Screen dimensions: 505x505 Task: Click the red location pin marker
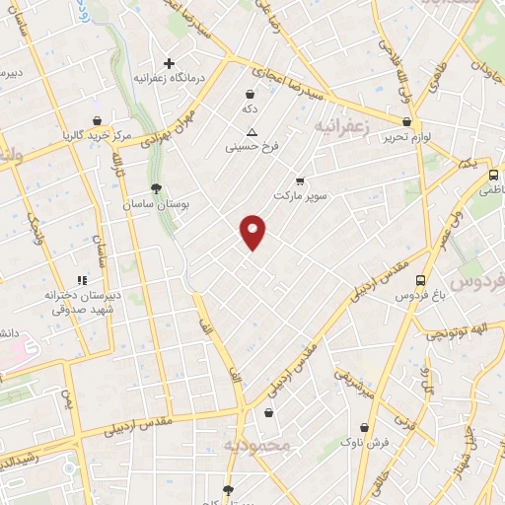click(253, 232)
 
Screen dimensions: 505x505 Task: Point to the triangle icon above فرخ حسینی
click(252, 132)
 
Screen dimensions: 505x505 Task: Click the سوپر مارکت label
click(299, 197)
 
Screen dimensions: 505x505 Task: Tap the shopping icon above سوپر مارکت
click(300, 181)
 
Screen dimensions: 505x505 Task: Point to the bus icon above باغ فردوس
click(421, 279)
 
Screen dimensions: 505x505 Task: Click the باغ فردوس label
click(421, 295)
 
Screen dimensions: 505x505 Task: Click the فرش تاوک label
click(367, 443)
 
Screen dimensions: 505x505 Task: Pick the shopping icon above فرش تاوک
click(367, 428)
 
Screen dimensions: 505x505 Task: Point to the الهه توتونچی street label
click(464, 334)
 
